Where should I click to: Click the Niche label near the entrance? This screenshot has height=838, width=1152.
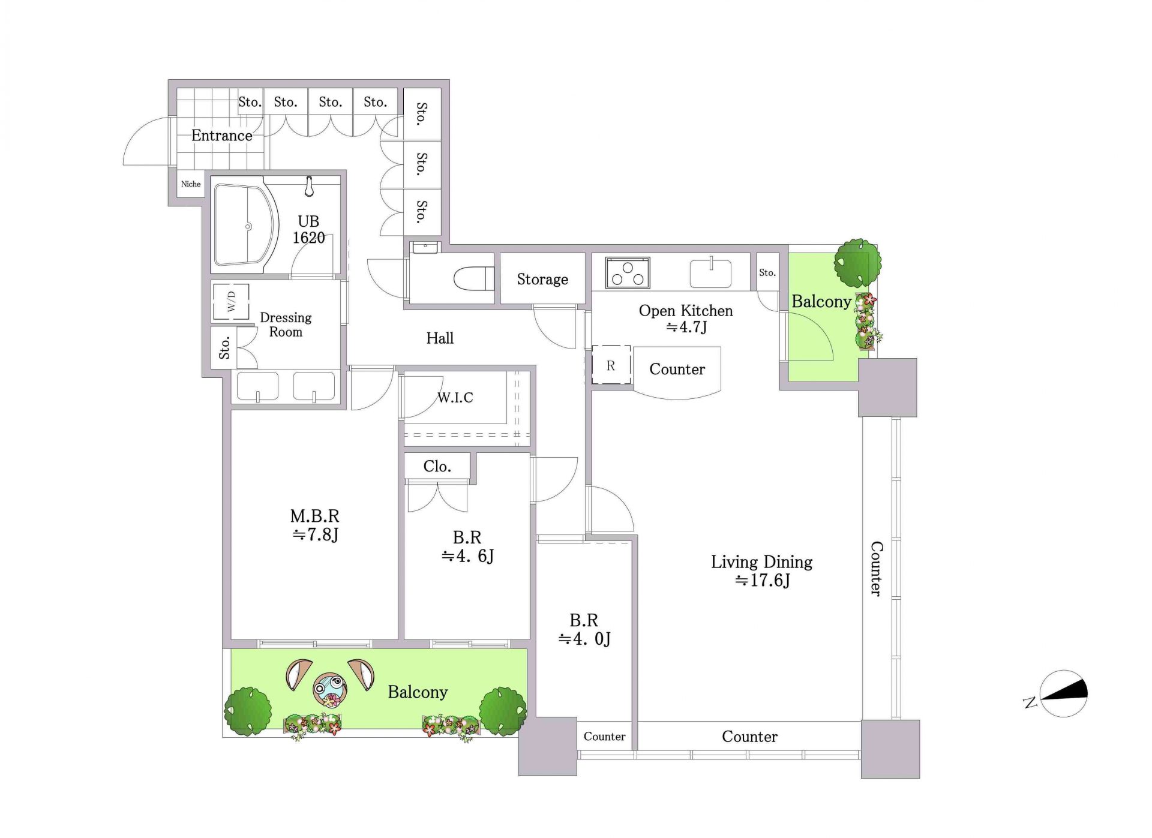(x=191, y=184)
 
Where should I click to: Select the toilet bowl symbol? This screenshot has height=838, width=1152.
(x=474, y=279)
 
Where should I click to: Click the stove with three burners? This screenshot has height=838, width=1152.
(x=628, y=273)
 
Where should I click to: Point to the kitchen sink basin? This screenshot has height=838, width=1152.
(x=711, y=274)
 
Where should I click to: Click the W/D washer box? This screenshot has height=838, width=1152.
(x=231, y=302)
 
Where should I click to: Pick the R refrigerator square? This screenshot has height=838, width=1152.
(x=611, y=365)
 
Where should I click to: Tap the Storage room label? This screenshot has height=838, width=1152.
(x=542, y=279)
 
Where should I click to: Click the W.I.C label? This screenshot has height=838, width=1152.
(x=455, y=397)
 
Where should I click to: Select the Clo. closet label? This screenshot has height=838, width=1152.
(x=437, y=466)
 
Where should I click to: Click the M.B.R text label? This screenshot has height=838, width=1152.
(x=315, y=516)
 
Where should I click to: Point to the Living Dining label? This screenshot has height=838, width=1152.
(x=762, y=562)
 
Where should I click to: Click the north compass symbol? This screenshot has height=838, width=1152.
(x=1063, y=694)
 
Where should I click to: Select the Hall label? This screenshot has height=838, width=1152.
(x=440, y=338)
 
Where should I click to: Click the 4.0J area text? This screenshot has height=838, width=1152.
(x=585, y=639)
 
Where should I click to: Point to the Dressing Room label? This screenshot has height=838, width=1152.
(x=286, y=325)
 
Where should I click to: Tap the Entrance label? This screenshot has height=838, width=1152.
(x=222, y=136)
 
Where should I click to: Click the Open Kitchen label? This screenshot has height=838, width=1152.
(x=686, y=311)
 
